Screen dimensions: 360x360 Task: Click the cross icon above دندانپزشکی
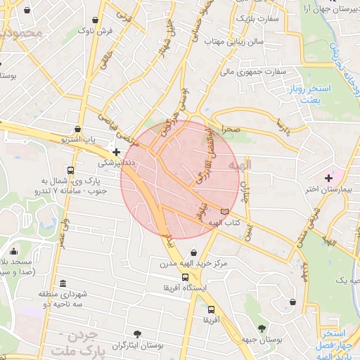[x=116, y=151]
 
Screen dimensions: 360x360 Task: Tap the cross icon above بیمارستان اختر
[x=328, y=177]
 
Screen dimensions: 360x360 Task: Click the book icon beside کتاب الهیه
[x=224, y=211]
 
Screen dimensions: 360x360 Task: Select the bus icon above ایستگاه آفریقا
[x=185, y=277]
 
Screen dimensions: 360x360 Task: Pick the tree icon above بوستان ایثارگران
[x=137, y=335]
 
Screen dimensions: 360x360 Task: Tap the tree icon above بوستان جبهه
[x=262, y=328]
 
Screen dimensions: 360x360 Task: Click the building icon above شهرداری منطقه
[x=63, y=284]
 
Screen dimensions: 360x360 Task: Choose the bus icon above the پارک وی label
[x=70, y=171]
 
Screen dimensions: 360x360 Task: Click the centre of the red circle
[x=180, y=179]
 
